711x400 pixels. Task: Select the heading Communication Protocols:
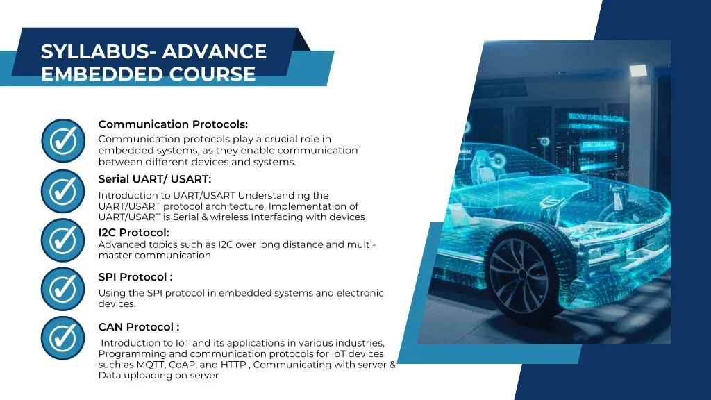click(x=173, y=124)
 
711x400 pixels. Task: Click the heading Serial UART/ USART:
click(x=155, y=179)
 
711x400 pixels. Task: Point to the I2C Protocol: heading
click(x=134, y=233)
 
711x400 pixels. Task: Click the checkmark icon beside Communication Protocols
click(x=63, y=140)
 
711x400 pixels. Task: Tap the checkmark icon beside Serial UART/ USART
click(x=63, y=192)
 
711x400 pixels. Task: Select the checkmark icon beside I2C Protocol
click(x=63, y=240)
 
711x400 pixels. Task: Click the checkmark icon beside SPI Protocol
click(x=63, y=289)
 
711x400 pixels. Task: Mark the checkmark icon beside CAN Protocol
click(x=63, y=338)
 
